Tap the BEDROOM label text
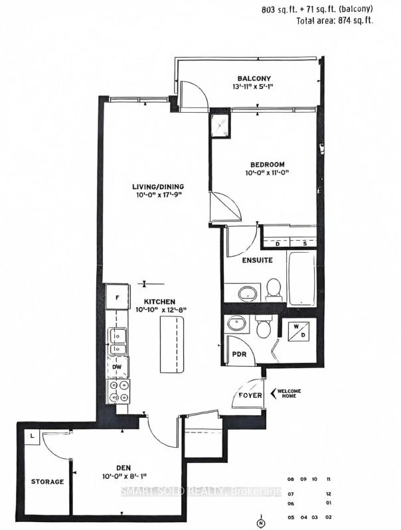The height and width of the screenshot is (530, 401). click(268, 164)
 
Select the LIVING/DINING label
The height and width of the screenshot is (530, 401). click(157, 186)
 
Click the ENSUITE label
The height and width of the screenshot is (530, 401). click(257, 260)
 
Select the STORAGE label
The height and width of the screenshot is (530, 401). click(47, 482)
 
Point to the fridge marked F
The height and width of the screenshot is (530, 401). click(118, 298)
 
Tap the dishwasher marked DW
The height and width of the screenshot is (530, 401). click(118, 365)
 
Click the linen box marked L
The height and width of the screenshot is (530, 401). click(31, 436)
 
